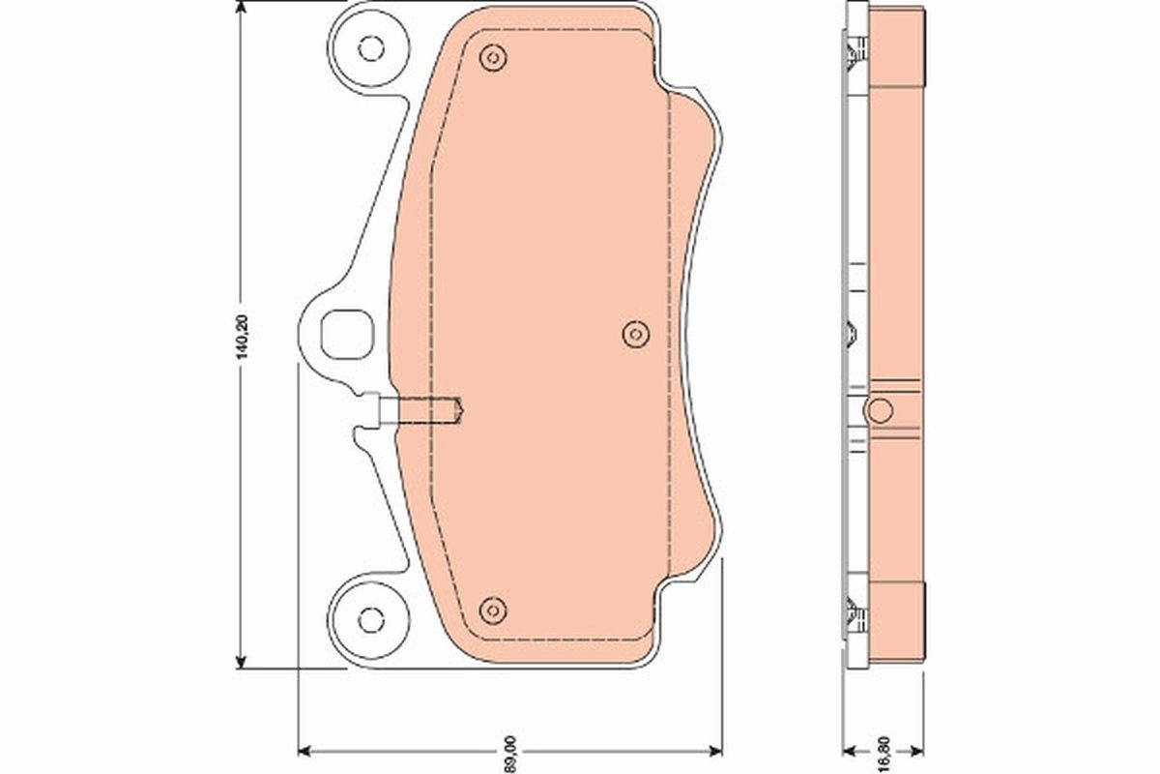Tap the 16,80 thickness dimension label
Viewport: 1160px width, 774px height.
(883, 749)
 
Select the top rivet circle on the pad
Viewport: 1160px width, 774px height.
(493, 58)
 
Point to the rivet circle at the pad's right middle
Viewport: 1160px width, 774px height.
(634, 335)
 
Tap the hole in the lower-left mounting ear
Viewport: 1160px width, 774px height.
(367, 617)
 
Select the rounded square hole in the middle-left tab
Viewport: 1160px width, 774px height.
(344, 334)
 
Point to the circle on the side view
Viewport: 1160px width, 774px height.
(879, 410)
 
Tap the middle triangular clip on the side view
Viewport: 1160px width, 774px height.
(851, 334)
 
